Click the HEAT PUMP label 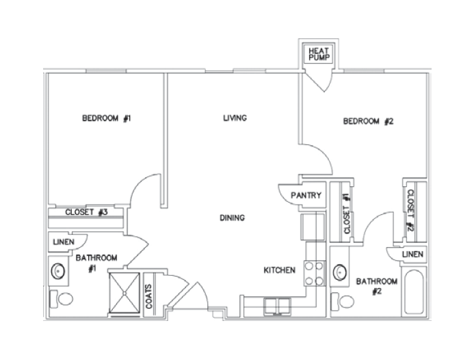(319, 55)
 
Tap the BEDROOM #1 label (106, 118)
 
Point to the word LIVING (235, 118)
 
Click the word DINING (232, 218)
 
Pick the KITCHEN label (280, 270)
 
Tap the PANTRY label (306, 196)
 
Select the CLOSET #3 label (86, 212)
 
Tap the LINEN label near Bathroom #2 (412, 254)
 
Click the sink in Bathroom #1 (58, 272)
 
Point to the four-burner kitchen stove (315, 273)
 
